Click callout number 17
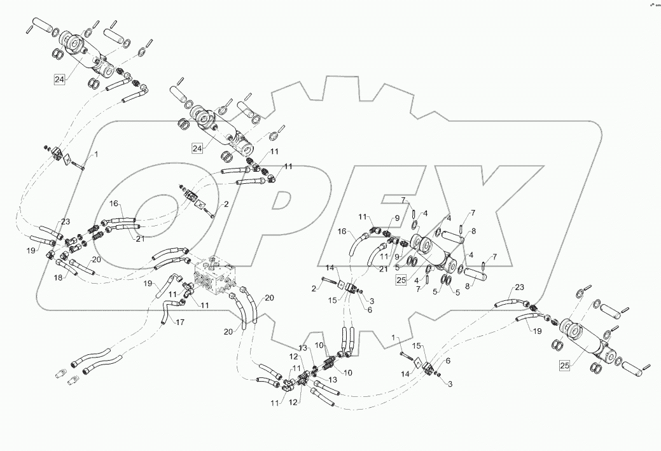(x=180, y=323)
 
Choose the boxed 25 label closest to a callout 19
(x=564, y=364)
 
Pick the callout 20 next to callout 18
(x=95, y=260)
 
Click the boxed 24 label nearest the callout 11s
(x=198, y=148)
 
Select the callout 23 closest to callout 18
(x=66, y=222)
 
